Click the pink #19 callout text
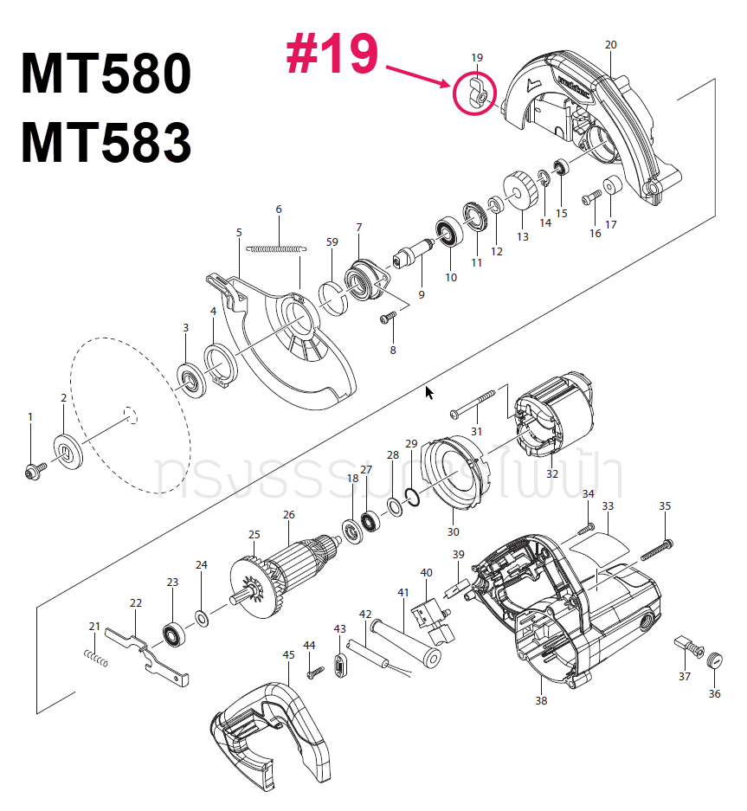(332, 53)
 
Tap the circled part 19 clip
(478, 94)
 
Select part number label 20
(610, 44)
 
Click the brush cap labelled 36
(714, 660)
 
